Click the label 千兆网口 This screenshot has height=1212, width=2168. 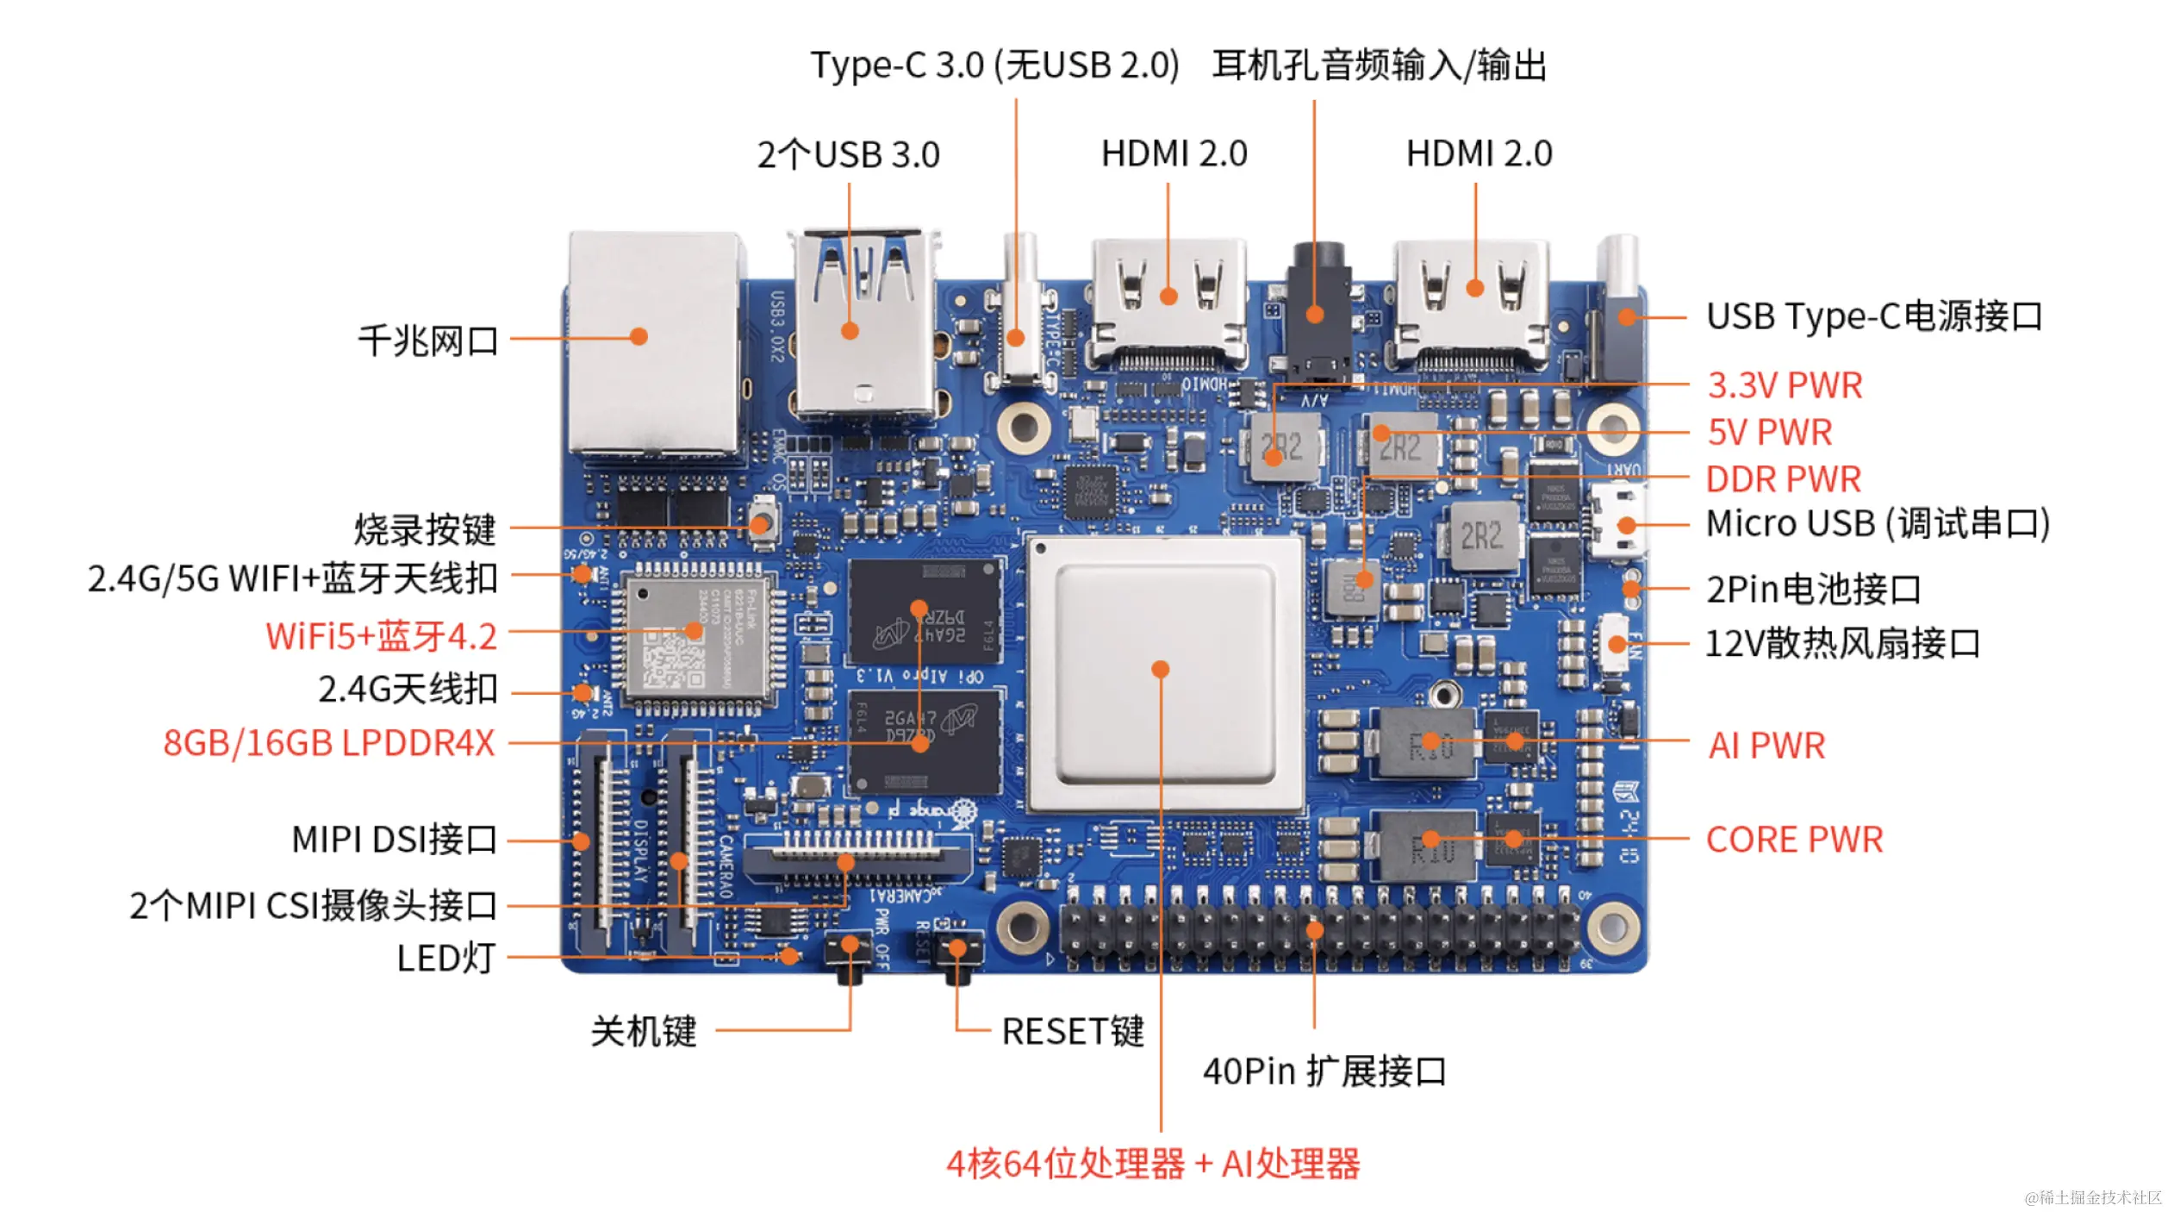(428, 341)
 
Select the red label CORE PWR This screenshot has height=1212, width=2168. (1794, 840)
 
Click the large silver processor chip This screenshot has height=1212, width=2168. (1164, 673)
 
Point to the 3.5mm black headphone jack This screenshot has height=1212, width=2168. (1315, 310)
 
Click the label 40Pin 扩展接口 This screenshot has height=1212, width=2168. (1324, 1071)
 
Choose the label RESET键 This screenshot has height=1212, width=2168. (1073, 1032)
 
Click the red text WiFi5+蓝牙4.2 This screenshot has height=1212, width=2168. (381, 636)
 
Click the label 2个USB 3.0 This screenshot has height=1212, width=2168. (848, 155)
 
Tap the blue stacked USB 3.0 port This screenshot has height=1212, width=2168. (862, 328)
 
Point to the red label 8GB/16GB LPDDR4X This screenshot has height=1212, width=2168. (329, 743)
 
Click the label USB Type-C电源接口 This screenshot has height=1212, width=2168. (1874, 316)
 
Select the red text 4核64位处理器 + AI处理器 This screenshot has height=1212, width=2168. (1153, 1165)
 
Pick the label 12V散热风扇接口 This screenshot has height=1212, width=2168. (1842, 643)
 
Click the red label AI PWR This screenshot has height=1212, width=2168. (1766, 746)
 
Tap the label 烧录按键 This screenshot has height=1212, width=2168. (425, 529)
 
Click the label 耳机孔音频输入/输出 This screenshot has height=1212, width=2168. (1380, 66)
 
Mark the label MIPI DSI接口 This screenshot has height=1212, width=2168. (394, 840)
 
